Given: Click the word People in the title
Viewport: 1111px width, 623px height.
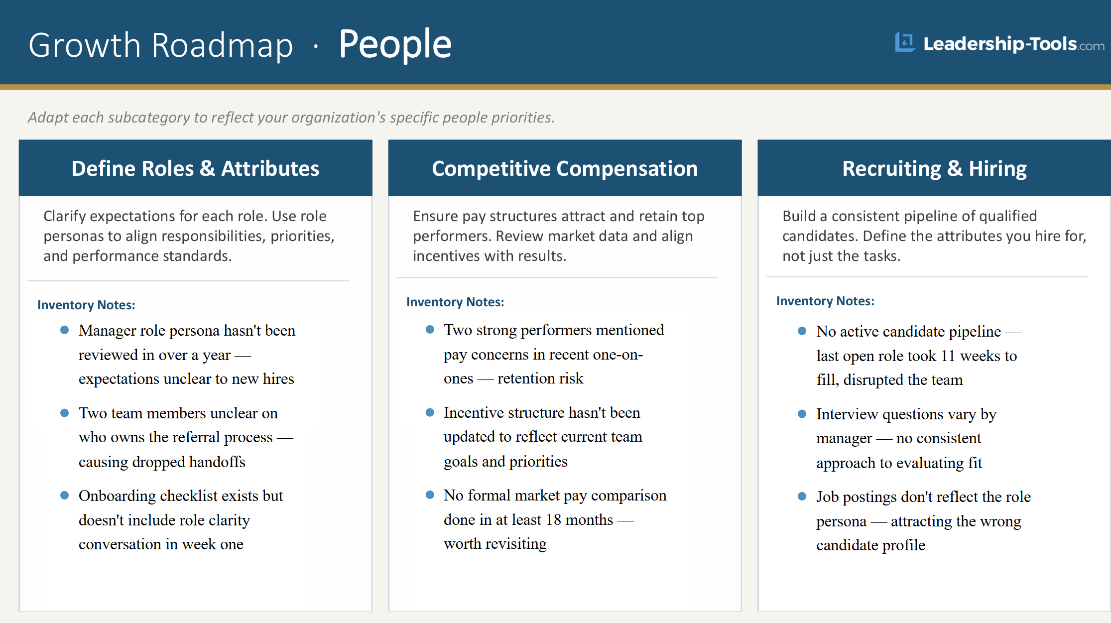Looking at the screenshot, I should click(395, 45).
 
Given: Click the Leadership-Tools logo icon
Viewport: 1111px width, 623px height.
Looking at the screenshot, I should click(904, 42).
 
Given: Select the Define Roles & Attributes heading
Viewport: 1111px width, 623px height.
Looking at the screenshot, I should click(195, 169).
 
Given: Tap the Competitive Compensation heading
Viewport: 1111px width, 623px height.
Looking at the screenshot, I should click(565, 169).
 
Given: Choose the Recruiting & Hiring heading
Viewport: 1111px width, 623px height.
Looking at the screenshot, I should click(934, 169).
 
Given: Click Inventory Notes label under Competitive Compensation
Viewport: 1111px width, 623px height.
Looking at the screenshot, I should click(455, 302).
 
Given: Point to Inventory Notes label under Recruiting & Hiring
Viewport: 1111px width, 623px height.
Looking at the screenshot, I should click(825, 301).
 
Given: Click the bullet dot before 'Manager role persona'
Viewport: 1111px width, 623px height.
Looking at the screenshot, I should click(64, 330).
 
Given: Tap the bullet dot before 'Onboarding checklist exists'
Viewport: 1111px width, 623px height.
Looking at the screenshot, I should click(64, 496).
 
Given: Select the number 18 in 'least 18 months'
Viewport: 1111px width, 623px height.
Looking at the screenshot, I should click(553, 520).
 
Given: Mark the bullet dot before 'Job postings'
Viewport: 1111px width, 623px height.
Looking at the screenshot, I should click(802, 497).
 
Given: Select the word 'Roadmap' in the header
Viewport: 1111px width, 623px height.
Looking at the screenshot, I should click(222, 46).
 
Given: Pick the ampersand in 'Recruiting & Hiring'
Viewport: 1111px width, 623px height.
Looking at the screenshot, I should click(955, 169).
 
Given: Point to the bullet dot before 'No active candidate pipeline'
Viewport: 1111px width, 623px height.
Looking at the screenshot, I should click(802, 331).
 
